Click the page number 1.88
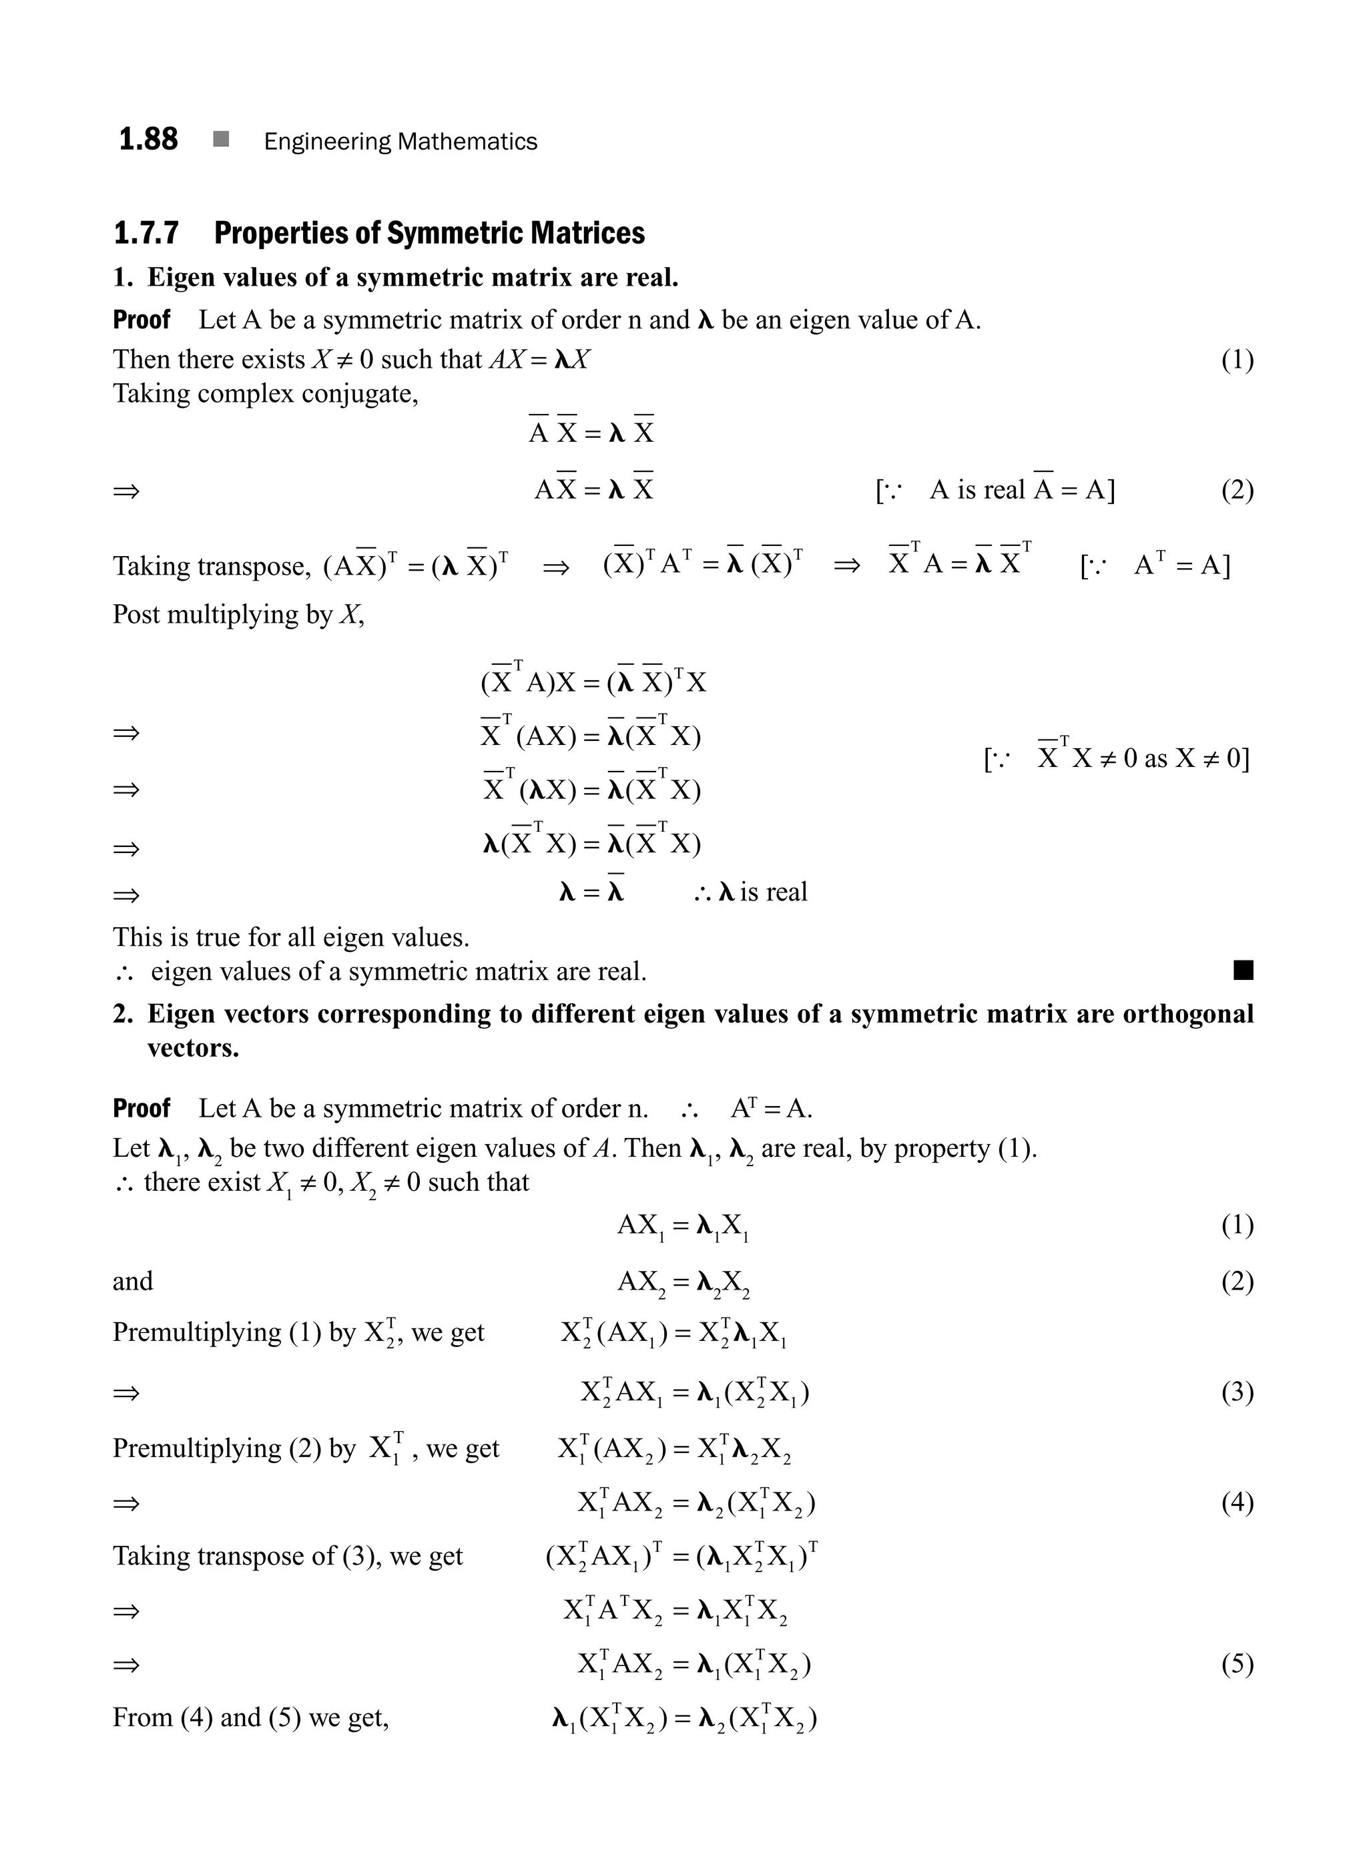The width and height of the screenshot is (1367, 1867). pyautogui.click(x=148, y=139)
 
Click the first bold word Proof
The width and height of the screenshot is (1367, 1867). pyautogui.click(x=142, y=320)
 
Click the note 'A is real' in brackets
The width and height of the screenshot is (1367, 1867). pyautogui.click(x=977, y=490)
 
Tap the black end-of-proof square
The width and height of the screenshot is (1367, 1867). pyautogui.click(x=1243, y=970)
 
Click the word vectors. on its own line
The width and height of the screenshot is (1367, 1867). pyautogui.click(x=193, y=1048)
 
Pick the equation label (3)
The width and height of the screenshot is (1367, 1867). pyautogui.click(x=1237, y=1392)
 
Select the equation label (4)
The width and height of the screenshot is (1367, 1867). pyautogui.click(x=1237, y=1502)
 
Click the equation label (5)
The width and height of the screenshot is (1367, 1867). pyautogui.click(x=1237, y=1663)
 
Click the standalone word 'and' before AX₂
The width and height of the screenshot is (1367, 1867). pyautogui.click(x=132, y=1281)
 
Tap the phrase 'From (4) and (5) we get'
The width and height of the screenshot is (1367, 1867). pyautogui.click(x=251, y=1717)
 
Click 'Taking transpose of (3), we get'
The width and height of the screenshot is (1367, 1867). pyautogui.click(x=287, y=1556)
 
